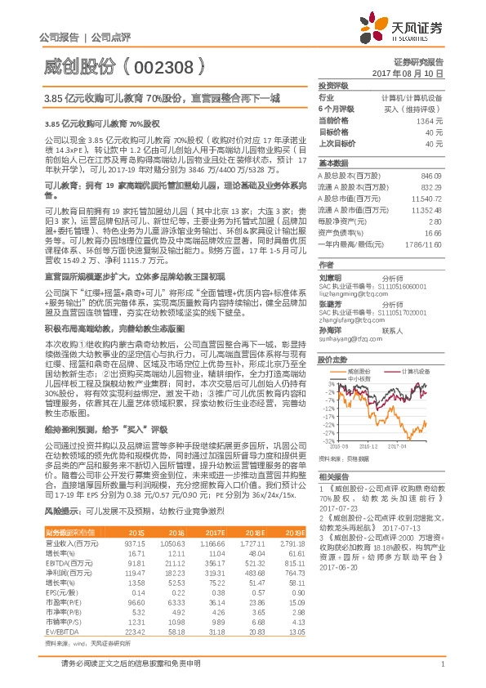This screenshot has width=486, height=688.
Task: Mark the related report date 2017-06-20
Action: [x=337, y=543]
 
